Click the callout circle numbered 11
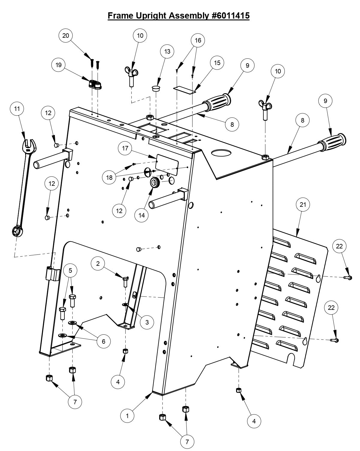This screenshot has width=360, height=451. pos(17,108)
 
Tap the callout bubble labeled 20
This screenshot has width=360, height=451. pos(66,35)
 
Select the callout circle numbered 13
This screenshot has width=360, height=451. pos(167,51)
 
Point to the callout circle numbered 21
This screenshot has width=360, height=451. pos(303,204)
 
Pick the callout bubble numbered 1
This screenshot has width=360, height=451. pos(127,416)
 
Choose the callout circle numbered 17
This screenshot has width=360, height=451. pos(125,148)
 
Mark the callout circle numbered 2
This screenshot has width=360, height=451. pos(98,264)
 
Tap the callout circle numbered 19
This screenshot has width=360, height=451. pos(58,65)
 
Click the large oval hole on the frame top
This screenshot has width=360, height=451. pos(221,153)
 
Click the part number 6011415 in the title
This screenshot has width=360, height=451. pos(231,16)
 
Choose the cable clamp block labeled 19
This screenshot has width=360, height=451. pos(95,85)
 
